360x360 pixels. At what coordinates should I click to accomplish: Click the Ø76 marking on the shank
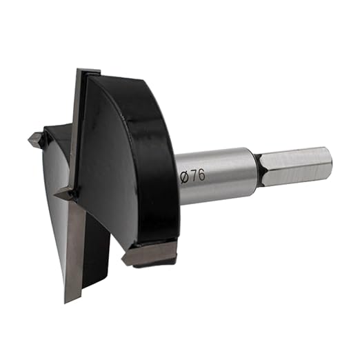192,177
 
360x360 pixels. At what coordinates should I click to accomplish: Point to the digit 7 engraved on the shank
194,177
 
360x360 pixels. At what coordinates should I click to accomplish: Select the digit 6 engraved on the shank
201,175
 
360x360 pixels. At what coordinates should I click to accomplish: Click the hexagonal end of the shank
295,166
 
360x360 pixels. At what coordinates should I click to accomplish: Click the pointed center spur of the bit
65,195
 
